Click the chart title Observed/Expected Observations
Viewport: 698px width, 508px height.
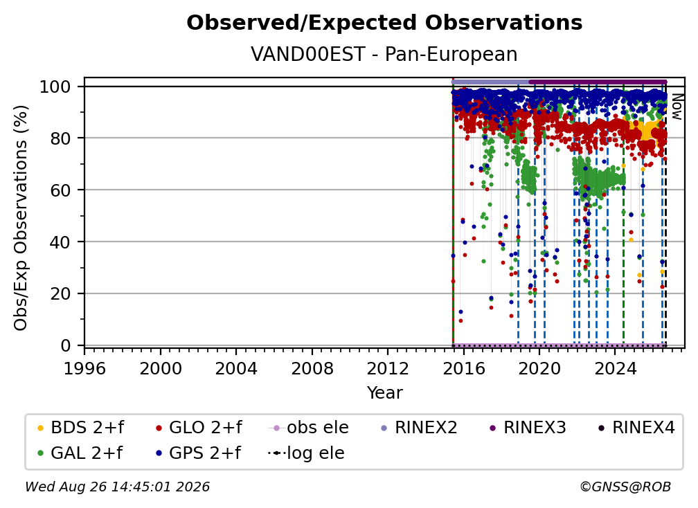point(384,23)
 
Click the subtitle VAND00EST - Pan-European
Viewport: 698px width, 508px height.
point(384,54)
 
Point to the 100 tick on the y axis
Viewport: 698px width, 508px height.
point(62,87)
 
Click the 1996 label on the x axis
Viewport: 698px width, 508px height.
point(84,369)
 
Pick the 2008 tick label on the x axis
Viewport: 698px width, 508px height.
point(312,369)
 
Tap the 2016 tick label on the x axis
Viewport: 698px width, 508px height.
point(464,369)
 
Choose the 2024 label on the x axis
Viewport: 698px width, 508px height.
point(615,369)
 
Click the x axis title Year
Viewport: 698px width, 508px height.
point(384,393)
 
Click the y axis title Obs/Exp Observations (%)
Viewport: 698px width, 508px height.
point(21,217)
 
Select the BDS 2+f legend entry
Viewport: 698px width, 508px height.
point(80,428)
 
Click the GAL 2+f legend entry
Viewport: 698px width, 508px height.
point(80,453)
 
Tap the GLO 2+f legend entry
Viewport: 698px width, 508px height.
point(199,428)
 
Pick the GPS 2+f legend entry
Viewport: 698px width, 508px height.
point(198,453)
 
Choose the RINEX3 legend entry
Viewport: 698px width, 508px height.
point(528,428)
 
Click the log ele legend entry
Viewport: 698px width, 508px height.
point(306,453)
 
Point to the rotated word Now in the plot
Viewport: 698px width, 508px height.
point(677,107)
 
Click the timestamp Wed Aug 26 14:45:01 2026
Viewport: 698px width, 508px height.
point(117,487)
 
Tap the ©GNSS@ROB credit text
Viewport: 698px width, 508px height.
point(625,487)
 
